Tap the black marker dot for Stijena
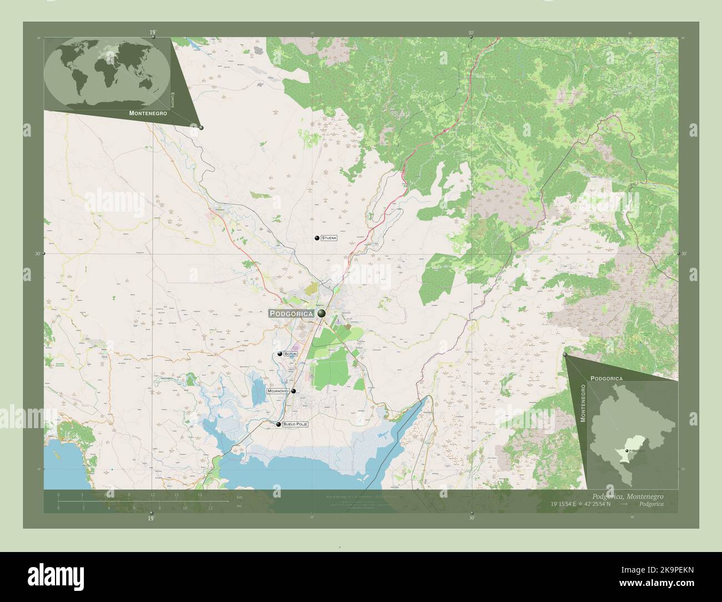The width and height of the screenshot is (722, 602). [x=317, y=238]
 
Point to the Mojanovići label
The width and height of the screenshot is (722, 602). [x=278, y=392]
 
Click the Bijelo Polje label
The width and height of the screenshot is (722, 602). [x=295, y=424]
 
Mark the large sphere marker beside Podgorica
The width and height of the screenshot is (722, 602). [x=322, y=314]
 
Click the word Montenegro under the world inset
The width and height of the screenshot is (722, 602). [x=148, y=113]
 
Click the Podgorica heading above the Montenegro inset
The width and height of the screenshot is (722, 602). [x=606, y=378]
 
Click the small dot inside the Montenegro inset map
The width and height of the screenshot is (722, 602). [x=626, y=451]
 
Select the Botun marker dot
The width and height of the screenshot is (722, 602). [x=280, y=354]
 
